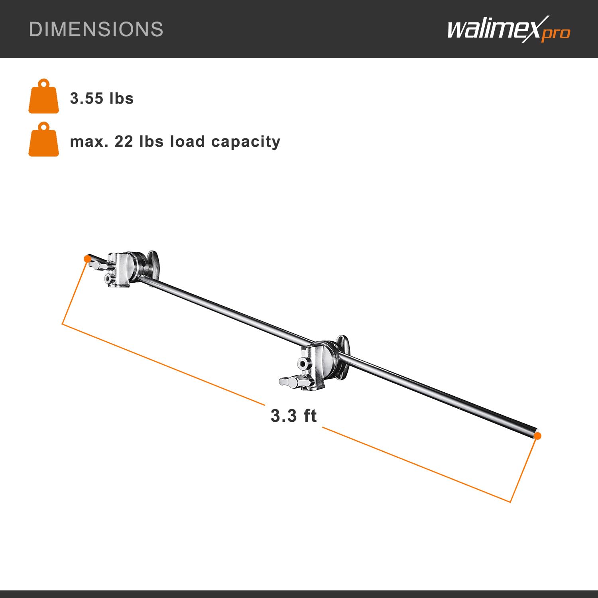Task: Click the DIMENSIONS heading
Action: click(96, 30)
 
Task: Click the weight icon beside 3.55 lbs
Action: click(44, 96)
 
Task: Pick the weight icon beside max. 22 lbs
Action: click(44, 140)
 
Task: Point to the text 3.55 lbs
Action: click(102, 98)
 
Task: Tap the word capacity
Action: click(246, 142)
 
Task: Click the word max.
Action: click(89, 142)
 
